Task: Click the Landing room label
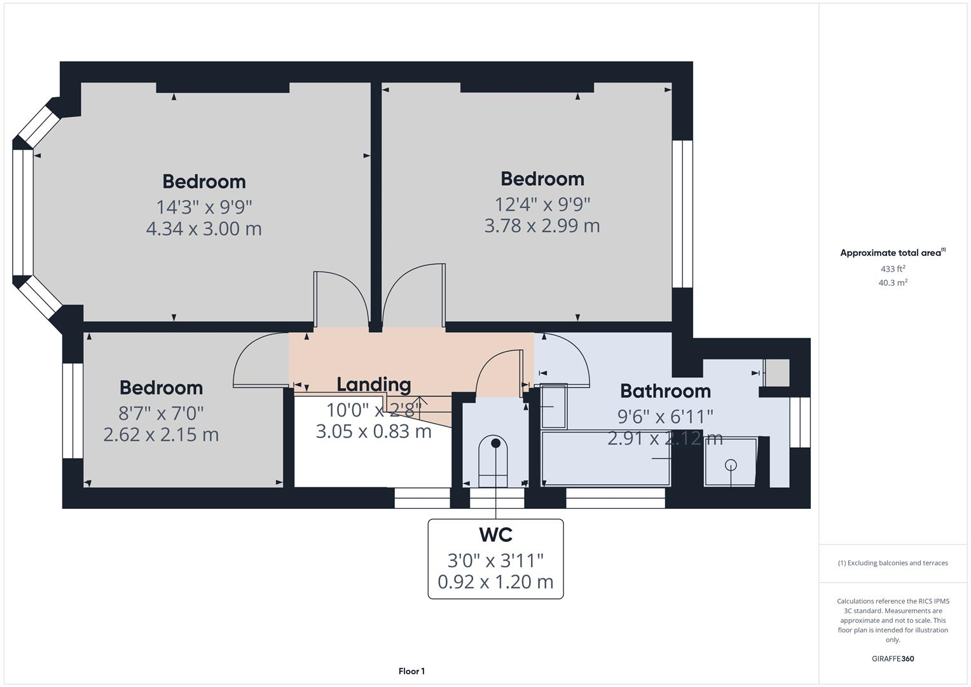tap(373, 384)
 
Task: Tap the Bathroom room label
tap(665, 391)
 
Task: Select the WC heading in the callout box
tap(495, 535)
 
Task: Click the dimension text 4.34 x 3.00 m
tap(203, 228)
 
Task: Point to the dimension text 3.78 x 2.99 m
tap(542, 226)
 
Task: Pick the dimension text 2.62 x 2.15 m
tap(161, 434)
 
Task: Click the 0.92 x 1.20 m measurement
tap(495, 581)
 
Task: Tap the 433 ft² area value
tap(893, 269)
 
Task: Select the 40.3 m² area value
tap(893, 283)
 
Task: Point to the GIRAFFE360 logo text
tap(893, 658)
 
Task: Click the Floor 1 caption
tap(411, 671)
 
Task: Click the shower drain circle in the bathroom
tap(731, 465)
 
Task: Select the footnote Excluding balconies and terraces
tap(893, 563)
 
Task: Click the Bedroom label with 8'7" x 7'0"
tap(161, 387)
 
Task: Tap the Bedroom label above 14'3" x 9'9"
tap(203, 181)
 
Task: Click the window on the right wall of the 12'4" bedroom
tap(682, 214)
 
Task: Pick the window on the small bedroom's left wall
tap(72, 410)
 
